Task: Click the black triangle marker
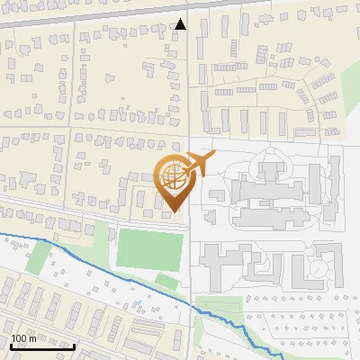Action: tap(181, 24)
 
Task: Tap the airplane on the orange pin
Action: tap(201, 164)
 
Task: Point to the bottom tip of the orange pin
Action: tap(175, 211)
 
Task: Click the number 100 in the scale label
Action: tap(20, 338)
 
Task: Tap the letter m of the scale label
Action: tap(33, 338)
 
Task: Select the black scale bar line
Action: tap(42, 346)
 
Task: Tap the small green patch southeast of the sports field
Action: tap(167, 282)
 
